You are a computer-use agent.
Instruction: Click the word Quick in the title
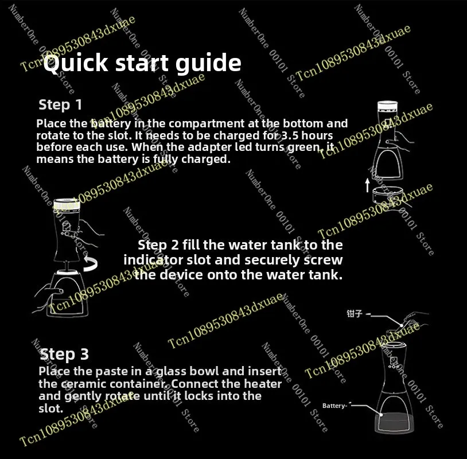click(76, 63)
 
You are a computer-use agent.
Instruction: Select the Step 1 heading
click(60, 105)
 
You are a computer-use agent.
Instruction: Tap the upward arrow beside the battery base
click(368, 185)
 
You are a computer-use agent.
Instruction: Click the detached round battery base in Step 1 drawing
click(387, 195)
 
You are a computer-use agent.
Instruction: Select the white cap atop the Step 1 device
click(387, 106)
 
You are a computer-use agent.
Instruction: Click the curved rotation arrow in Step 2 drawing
click(91, 263)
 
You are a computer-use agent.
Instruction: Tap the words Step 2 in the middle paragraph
click(158, 245)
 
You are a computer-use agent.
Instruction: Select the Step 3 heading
click(64, 355)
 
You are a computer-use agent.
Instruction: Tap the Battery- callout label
click(335, 406)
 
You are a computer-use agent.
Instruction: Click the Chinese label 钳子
click(355, 313)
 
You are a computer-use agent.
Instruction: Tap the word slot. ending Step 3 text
click(51, 409)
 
